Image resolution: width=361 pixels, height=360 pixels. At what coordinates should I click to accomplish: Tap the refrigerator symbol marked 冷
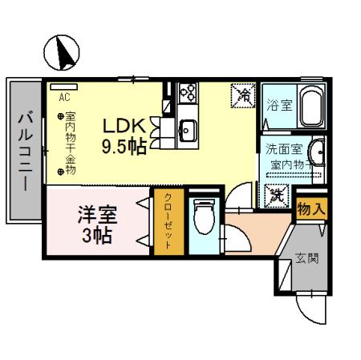[x=242, y=96]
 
